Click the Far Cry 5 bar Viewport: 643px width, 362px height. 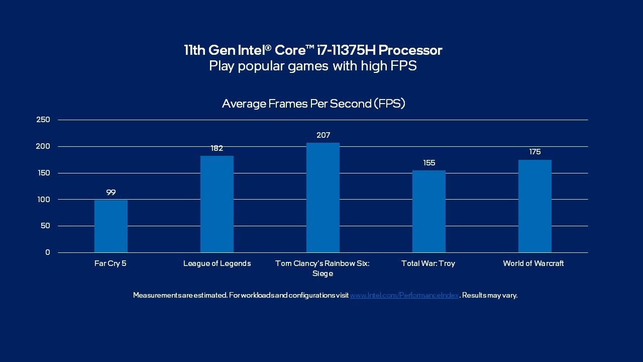tap(111, 226)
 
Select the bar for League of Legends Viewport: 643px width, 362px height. tap(217, 204)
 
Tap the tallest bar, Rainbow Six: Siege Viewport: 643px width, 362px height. tap(323, 198)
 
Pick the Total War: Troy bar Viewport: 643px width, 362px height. tap(429, 211)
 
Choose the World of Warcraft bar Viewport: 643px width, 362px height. tap(535, 206)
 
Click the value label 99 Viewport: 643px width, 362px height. tap(111, 192)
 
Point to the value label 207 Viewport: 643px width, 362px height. tap(323, 135)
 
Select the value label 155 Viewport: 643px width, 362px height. tap(429, 163)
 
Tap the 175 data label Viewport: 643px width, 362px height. tap(535, 152)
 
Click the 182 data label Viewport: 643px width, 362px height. tap(217, 148)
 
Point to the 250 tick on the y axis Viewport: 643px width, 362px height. tap(43, 120)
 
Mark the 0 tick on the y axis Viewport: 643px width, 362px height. tap(48, 252)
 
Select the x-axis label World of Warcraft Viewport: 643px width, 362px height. tap(533, 263)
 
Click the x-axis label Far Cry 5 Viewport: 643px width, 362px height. tap(111, 263)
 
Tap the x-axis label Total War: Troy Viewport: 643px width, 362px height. tap(428, 263)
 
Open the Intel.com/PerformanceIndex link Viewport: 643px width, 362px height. tap(404, 296)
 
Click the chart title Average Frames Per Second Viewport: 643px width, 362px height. tap(313, 104)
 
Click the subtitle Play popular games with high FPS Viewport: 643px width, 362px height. tap(313, 66)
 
